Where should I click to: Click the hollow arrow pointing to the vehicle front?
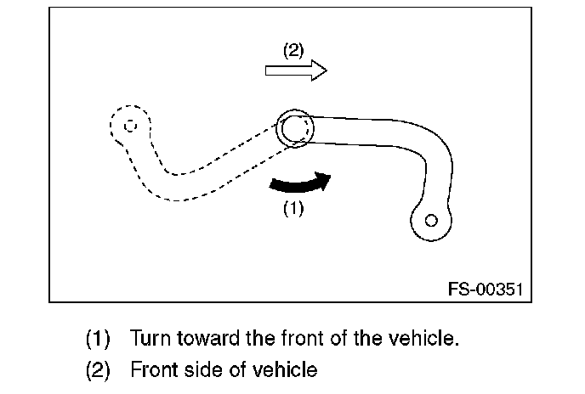click(x=296, y=71)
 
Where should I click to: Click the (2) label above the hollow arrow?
click(x=292, y=50)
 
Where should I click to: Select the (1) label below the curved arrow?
click(x=292, y=208)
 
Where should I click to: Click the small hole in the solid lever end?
click(x=431, y=221)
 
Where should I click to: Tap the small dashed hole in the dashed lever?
click(x=129, y=126)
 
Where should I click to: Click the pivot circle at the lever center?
click(x=295, y=129)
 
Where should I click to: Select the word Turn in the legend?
click(x=149, y=339)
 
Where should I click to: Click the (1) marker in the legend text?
click(x=98, y=339)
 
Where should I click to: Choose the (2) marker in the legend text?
click(x=98, y=370)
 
